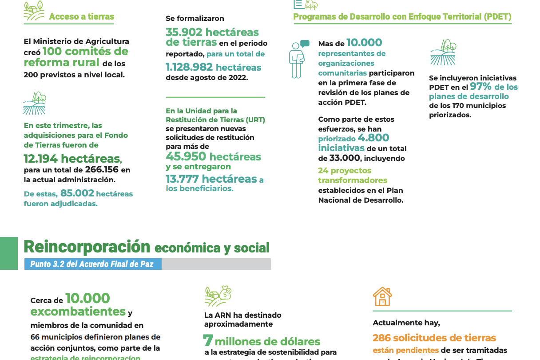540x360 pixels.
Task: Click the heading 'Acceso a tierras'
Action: point(81,17)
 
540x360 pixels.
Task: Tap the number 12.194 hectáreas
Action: point(72,159)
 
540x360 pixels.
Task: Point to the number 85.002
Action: point(77,193)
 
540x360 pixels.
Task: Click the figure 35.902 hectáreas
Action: point(212,32)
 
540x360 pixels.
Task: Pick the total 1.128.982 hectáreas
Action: point(213,68)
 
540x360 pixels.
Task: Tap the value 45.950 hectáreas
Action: point(213,156)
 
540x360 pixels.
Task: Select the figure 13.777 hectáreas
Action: point(211,179)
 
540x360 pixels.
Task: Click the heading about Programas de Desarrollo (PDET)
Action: point(402,17)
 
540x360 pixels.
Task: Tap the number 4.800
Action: point(373,138)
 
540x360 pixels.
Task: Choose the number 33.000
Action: point(344,158)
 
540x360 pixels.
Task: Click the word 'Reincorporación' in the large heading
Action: point(87,247)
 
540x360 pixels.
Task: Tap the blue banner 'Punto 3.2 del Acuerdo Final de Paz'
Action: point(92,264)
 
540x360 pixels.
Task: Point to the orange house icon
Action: point(382,296)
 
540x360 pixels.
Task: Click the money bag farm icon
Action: point(218,296)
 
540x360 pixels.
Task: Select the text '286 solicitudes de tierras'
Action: point(434,338)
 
